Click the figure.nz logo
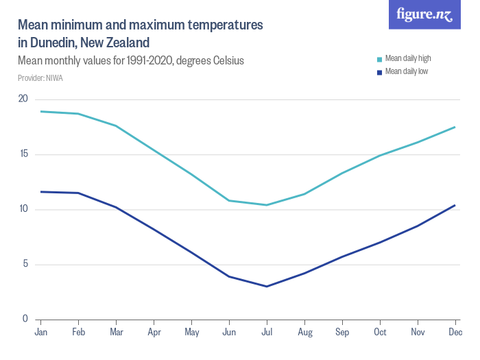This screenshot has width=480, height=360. pos(424,14)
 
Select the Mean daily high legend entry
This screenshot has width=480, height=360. pos(407,58)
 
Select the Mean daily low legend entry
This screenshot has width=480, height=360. pos(406,71)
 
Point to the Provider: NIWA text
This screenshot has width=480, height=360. pos(40,78)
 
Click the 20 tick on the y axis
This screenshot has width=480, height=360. pos(23,99)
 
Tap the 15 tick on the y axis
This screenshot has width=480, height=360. pos(23,154)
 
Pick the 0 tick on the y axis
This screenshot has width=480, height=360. pos(25,319)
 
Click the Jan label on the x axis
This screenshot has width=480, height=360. pos(40,333)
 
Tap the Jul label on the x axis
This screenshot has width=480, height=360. pos(267,333)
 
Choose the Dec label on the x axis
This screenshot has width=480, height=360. pos(455,333)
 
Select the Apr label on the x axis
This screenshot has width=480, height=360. pos(154,333)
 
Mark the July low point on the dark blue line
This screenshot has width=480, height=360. pos(267,286)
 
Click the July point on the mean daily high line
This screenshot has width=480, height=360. pos(267,205)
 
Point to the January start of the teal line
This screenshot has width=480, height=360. pos(41,111)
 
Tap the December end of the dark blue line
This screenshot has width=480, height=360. pos(455,205)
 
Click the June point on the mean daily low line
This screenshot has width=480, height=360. pos(229,276)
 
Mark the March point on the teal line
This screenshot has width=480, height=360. pos(116,125)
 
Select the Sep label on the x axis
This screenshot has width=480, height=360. pos(342,333)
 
